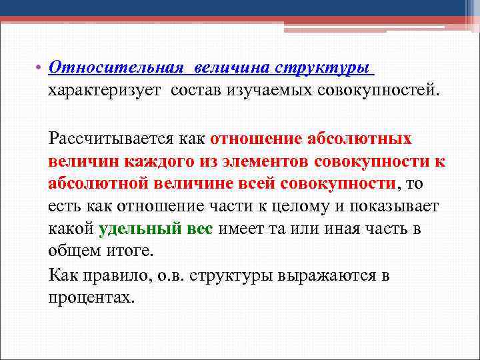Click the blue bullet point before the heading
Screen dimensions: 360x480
click(39, 69)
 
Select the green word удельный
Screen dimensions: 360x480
click(137, 229)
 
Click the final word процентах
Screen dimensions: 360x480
click(91, 297)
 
